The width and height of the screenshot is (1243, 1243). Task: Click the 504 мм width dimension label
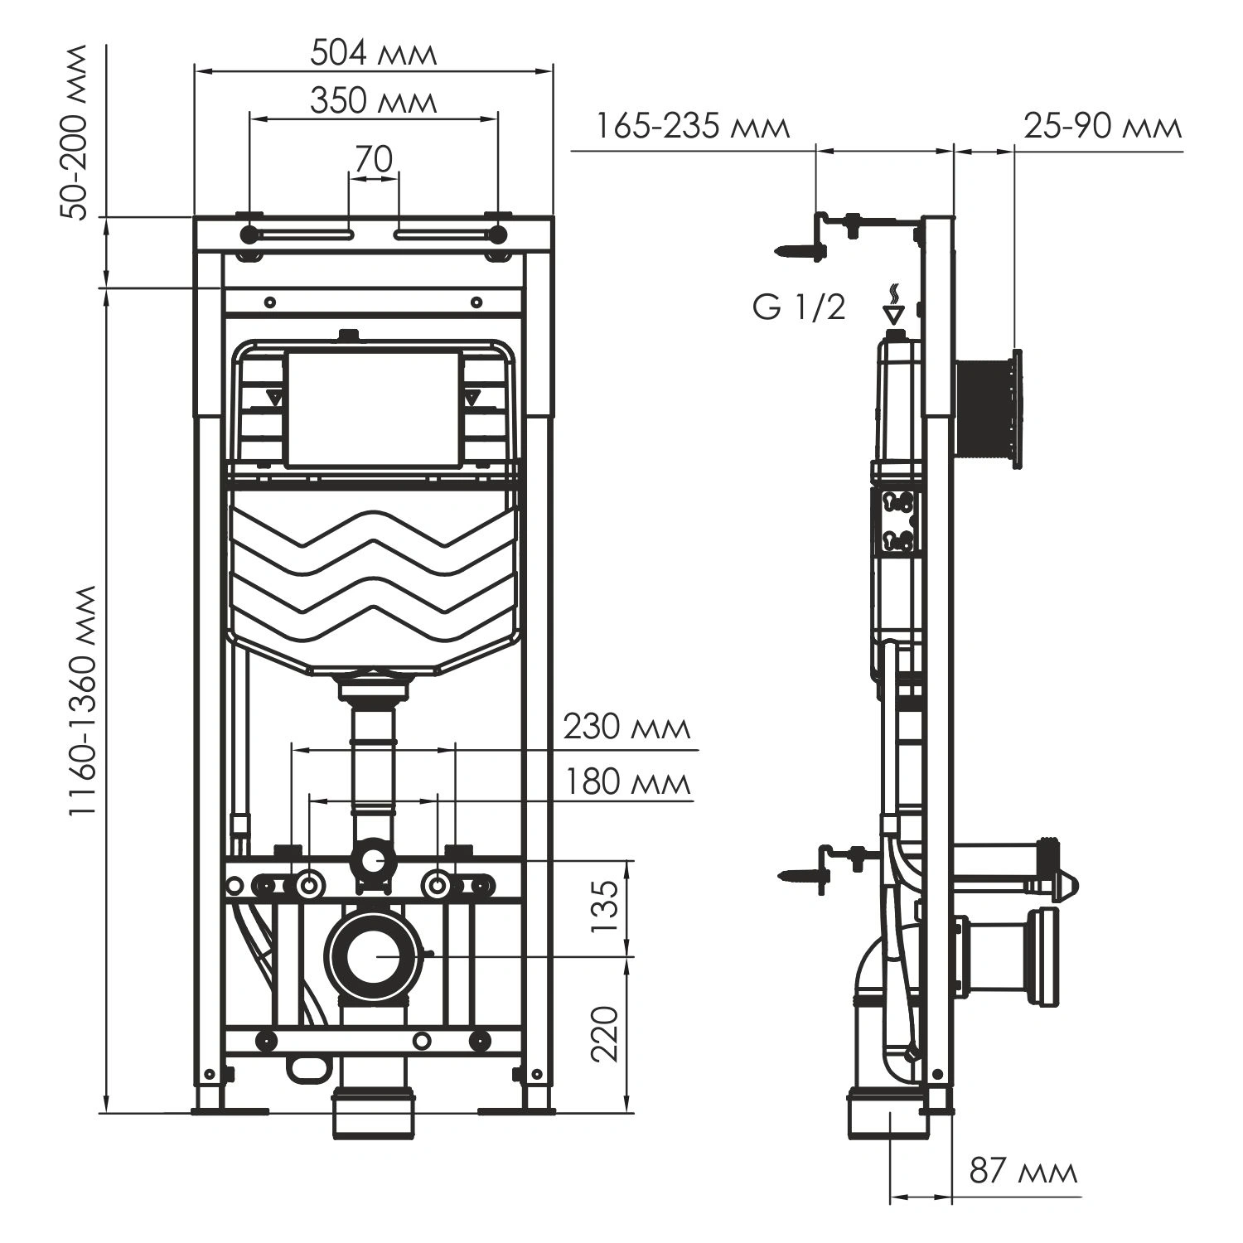pos(373,54)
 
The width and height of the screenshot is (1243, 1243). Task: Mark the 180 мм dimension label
pos(626,781)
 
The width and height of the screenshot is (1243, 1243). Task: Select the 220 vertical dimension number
pos(607,1033)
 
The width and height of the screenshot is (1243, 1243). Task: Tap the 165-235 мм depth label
pos(692,127)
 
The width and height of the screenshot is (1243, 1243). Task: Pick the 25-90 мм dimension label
pos(1102,127)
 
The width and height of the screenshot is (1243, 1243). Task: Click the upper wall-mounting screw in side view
pos(798,249)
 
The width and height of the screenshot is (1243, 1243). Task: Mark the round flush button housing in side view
pos(989,410)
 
